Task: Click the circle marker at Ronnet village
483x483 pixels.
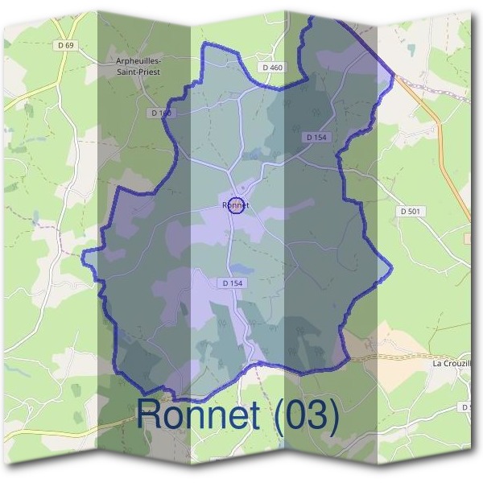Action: [236, 205]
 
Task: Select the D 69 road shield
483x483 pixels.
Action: [65, 45]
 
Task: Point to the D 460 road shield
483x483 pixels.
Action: [272, 67]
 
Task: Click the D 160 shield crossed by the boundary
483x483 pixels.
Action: [162, 114]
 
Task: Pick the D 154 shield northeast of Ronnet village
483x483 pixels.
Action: [317, 138]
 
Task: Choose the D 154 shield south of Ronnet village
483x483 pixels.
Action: [231, 283]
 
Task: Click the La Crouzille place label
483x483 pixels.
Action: [455, 364]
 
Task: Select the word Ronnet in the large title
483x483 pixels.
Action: [198, 415]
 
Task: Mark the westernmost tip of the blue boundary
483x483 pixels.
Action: [83, 251]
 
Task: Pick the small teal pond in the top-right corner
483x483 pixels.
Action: [411, 50]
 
